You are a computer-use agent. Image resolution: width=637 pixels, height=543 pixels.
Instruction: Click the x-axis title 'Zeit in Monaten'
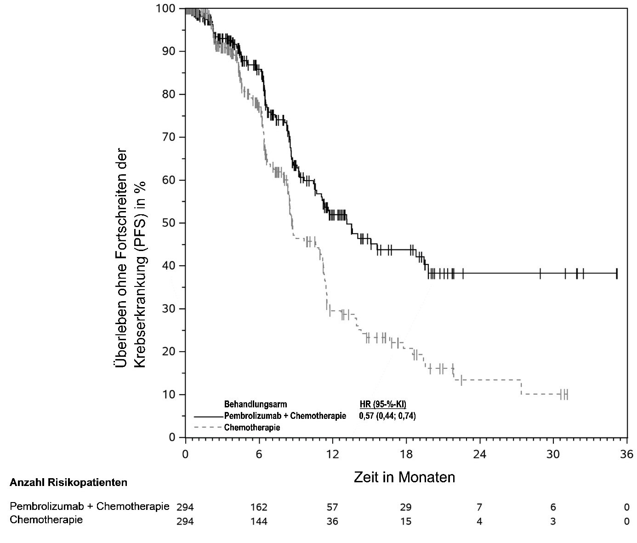[x=404, y=477]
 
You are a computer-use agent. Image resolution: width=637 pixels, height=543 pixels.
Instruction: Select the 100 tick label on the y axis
[x=165, y=8]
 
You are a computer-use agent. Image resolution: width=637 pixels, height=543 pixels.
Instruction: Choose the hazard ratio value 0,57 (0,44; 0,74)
[x=387, y=416]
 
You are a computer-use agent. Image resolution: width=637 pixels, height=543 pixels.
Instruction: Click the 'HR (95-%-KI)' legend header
[x=382, y=405]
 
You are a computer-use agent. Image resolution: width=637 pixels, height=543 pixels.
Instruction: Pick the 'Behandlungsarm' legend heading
[x=256, y=405]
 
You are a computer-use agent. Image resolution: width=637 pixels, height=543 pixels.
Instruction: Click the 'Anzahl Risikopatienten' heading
[x=68, y=483]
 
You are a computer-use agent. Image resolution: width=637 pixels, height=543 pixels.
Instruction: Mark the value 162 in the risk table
[x=259, y=508]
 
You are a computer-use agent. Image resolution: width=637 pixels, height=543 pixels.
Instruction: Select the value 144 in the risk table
[x=259, y=521]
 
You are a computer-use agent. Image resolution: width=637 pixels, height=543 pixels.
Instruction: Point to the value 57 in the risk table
[x=332, y=508]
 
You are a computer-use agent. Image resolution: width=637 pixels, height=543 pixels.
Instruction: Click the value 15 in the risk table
[x=406, y=521]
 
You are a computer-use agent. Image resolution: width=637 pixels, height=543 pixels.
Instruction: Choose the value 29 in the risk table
[x=406, y=508]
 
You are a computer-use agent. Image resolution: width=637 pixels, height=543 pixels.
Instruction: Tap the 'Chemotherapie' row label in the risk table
[x=46, y=520]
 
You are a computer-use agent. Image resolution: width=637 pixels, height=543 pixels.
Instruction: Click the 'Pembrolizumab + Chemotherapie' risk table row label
[x=90, y=507]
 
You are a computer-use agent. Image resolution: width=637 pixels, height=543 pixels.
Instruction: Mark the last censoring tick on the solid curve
[x=616, y=274]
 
